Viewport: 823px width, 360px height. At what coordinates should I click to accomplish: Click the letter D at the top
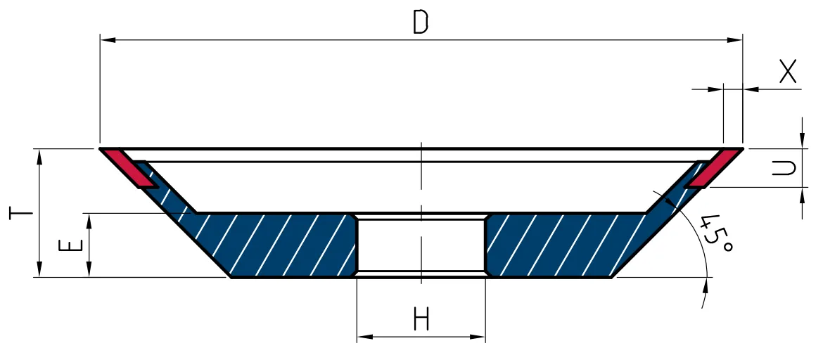[x=421, y=22]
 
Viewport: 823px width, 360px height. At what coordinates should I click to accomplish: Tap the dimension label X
[x=787, y=72]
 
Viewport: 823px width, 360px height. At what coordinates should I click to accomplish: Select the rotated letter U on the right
[x=784, y=168]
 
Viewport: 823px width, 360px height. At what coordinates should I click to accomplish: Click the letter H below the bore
[x=421, y=319]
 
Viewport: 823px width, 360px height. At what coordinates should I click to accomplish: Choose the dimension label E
[x=71, y=245]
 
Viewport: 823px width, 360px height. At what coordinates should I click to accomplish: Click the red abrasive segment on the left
[x=129, y=168]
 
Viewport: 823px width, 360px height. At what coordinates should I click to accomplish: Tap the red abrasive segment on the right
[x=715, y=168]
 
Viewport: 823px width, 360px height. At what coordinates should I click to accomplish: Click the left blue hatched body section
[x=262, y=244]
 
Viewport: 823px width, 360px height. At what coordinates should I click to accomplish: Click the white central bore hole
[x=421, y=245]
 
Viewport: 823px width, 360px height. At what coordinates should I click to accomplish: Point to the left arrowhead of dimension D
[x=108, y=40]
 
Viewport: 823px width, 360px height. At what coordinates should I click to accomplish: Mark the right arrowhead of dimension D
[x=735, y=40]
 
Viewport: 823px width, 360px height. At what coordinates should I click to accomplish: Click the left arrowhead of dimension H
[x=365, y=336]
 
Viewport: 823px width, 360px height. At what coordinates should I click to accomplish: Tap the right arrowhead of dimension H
[x=477, y=336]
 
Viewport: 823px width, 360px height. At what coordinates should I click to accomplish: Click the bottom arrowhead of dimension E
[x=89, y=269]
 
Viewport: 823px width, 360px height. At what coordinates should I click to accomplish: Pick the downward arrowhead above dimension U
[x=802, y=141]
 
